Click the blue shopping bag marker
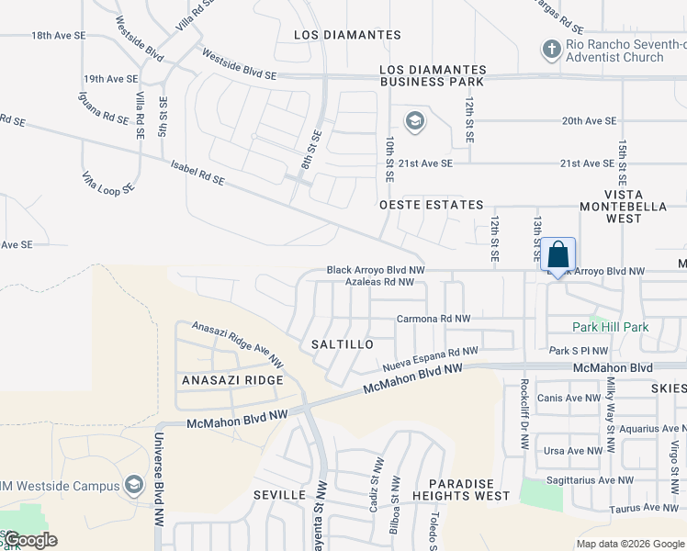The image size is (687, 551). pos(557,254)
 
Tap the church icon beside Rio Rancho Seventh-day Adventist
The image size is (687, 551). pos(551,49)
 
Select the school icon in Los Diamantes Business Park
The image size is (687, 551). pos(415,121)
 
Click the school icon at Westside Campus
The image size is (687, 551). pos(134,484)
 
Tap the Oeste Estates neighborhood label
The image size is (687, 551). pos(432,205)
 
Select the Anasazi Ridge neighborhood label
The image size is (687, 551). pos(232,380)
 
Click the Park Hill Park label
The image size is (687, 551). pos(611,327)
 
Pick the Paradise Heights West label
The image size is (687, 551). pos(467,489)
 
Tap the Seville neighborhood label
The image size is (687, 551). pos(279,495)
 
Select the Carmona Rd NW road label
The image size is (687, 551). pos(434,319)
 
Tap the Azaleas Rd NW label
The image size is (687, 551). pos(385,282)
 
